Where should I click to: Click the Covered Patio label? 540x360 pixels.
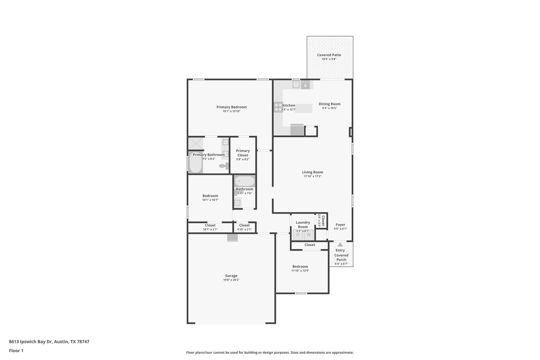[x=329, y=55]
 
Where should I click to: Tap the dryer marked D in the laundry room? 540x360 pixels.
[x=298, y=235]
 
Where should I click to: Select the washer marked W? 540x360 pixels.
[x=308, y=235]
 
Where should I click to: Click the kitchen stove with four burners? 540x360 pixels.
[x=278, y=107]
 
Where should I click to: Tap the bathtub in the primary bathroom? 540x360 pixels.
[x=195, y=162]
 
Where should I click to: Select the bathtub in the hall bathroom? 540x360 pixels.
[x=245, y=181]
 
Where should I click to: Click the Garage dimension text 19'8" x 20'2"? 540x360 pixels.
[x=231, y=280]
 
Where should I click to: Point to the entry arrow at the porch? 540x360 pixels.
[x=340, y=244]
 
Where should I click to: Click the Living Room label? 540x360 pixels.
[x=312, y=172]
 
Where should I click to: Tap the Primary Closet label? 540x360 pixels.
[x=243, y=153]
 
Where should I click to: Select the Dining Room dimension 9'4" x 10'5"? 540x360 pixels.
[x=329, y=108]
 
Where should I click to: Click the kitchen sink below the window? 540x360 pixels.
[x=296, y=84]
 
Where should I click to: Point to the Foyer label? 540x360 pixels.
[x=340, y=225]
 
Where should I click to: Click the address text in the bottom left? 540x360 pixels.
[x=49, y=342]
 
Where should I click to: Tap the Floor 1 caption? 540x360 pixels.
[x=16, y=351]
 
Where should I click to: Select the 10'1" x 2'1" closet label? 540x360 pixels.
[x=210, y=229]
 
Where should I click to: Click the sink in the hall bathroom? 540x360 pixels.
[x=237, y=203]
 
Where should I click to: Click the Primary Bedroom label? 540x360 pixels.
[x=232, y=107]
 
